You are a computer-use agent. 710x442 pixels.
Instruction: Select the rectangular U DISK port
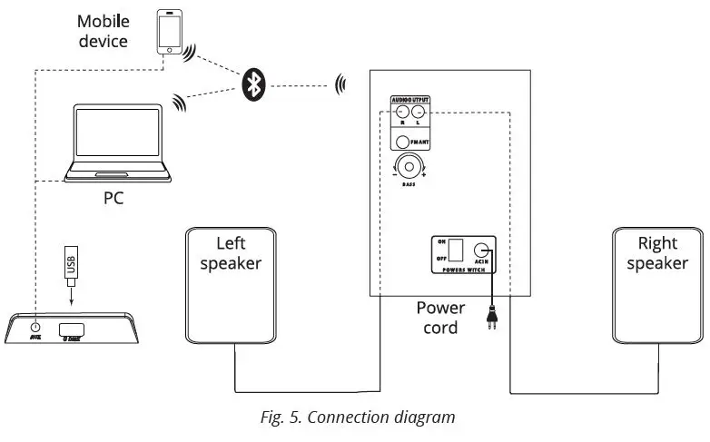point(73,329)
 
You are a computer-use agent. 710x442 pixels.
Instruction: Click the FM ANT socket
point(403,141)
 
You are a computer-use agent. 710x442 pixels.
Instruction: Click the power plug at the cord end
point(491,319)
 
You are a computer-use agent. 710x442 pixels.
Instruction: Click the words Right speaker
point(656,253)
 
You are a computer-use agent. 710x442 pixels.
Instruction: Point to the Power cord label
point(440,318)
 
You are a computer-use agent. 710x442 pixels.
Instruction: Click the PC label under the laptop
point(113,196)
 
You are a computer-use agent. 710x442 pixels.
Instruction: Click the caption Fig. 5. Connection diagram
point(355,417)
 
